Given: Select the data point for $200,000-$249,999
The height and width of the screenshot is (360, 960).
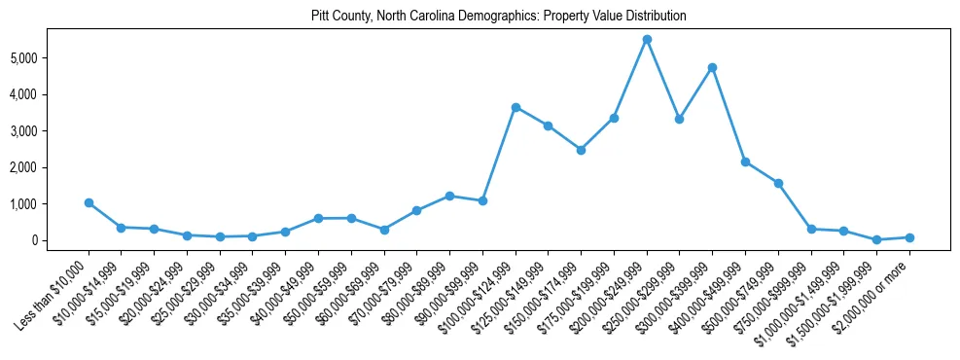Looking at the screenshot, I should [647, 39].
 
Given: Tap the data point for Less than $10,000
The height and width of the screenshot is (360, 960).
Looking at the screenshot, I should [89, 202].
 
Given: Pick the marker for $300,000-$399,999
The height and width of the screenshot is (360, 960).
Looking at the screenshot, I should [712, 67].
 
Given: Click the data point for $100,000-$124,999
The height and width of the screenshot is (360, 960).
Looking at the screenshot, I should [516, 107].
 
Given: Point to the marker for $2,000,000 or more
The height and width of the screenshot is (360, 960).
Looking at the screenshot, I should [909, 237].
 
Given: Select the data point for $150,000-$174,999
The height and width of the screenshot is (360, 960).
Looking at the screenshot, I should [581, 150].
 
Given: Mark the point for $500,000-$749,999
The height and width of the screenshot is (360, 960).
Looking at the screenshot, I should [778, 183].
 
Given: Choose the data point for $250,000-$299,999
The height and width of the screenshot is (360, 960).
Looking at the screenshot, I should [679, 119].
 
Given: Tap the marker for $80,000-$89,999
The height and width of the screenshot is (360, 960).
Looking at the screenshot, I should [449, 196].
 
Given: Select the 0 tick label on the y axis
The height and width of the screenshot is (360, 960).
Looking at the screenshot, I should [60, 240].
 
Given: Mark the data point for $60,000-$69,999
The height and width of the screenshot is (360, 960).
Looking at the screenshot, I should [384, 230].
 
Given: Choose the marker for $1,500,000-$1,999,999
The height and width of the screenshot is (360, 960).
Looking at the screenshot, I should [876, 239].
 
